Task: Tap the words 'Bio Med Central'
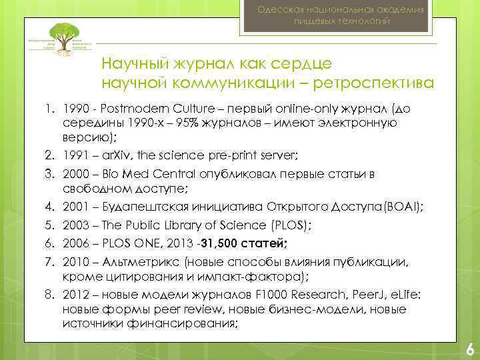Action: (x=133, y=173)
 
